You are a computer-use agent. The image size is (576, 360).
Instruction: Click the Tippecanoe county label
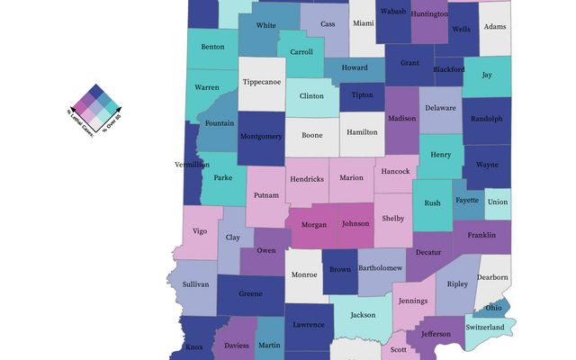262,82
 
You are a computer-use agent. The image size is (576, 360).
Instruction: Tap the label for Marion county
352,177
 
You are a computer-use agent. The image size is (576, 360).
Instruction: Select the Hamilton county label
361,130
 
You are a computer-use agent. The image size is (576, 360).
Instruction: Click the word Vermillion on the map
193,165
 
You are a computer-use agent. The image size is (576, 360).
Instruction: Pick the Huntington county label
428,14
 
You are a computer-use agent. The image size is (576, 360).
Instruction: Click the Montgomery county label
261,137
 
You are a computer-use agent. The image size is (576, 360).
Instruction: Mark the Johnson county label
355,223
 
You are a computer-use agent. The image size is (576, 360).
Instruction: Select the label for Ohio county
494,308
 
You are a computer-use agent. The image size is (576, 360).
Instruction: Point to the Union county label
498,202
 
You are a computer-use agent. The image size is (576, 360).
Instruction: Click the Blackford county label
448,68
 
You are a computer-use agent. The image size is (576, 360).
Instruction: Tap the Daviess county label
237,346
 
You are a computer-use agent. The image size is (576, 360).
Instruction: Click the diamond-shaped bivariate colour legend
98,108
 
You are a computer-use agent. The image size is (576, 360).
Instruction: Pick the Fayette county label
466,200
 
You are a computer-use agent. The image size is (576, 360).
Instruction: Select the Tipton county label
362,95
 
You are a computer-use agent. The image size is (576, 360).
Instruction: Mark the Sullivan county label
195,284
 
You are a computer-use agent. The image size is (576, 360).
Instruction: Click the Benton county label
213,46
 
